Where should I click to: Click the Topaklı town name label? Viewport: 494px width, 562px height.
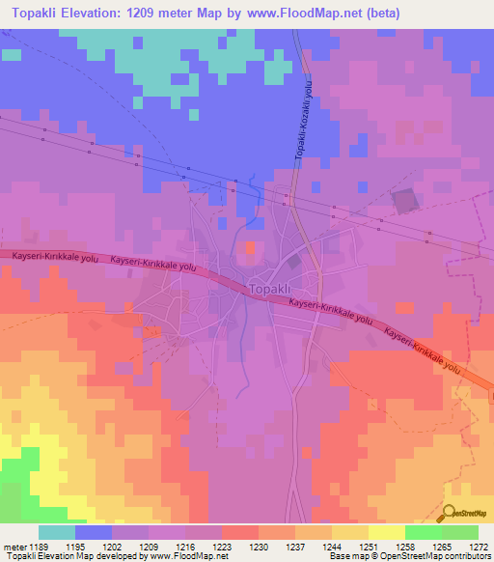click(269, 289)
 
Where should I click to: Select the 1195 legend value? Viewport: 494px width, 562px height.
click(94, 546)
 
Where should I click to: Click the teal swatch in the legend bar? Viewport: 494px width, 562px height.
click(57, 532)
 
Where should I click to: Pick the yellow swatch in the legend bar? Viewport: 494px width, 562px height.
click(387, 532)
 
